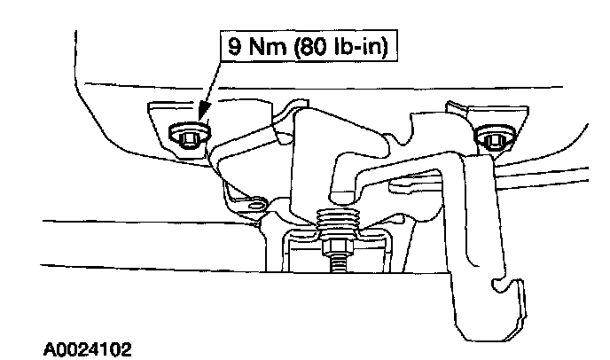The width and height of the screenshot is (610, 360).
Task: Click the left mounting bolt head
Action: click(x=184, y=135)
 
